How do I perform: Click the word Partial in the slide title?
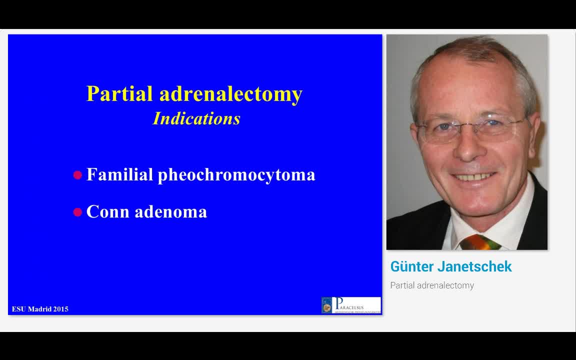pyautogui.click(x=119, y=94)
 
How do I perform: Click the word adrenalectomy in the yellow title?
pyautogui.click(x=231, y=94)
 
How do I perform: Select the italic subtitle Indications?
pyautogui.click(x=196, y=118)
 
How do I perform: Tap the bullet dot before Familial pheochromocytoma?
pyautogui.click(x=77, y=175)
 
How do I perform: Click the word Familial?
pyautogui.click(x=119, y=174)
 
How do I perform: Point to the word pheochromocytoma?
pyautogui.click(x=236, y=175)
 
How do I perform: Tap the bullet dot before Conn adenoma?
pyautogui.click(x=77, y=212)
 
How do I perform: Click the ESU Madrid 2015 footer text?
pyautogui.click(x=40, y=309)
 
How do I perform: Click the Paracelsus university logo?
pyautogui.click(x=351, y=305)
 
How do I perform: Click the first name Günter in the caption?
pyautogui.click(x=411, y=266)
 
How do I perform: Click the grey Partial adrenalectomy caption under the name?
pyautogui.click(x=432, y=285)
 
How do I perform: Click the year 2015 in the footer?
pyautogui.click(x=60, y=309)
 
